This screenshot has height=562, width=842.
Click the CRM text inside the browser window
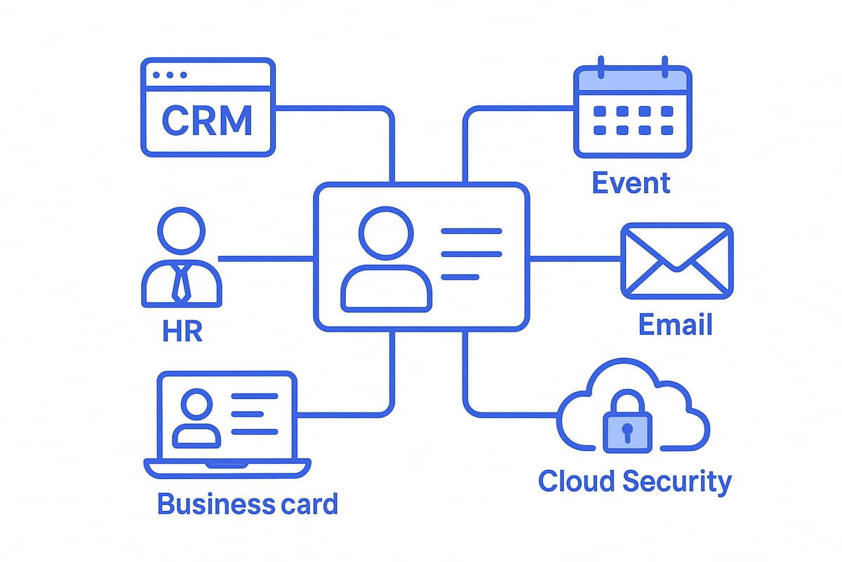point(207,121)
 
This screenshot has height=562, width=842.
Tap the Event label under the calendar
point(631,183)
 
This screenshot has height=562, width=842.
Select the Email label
point(675,325)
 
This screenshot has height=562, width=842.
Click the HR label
point(182,330)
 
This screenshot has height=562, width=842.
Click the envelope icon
point(676,260)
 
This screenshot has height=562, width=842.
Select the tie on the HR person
point(182,282)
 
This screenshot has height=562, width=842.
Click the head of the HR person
point(182,232)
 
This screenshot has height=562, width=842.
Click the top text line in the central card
point(470,231)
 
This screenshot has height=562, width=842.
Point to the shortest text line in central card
point(460,277)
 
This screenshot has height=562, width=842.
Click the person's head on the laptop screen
point(196,406)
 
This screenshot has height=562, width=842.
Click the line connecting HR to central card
point(267,259)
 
